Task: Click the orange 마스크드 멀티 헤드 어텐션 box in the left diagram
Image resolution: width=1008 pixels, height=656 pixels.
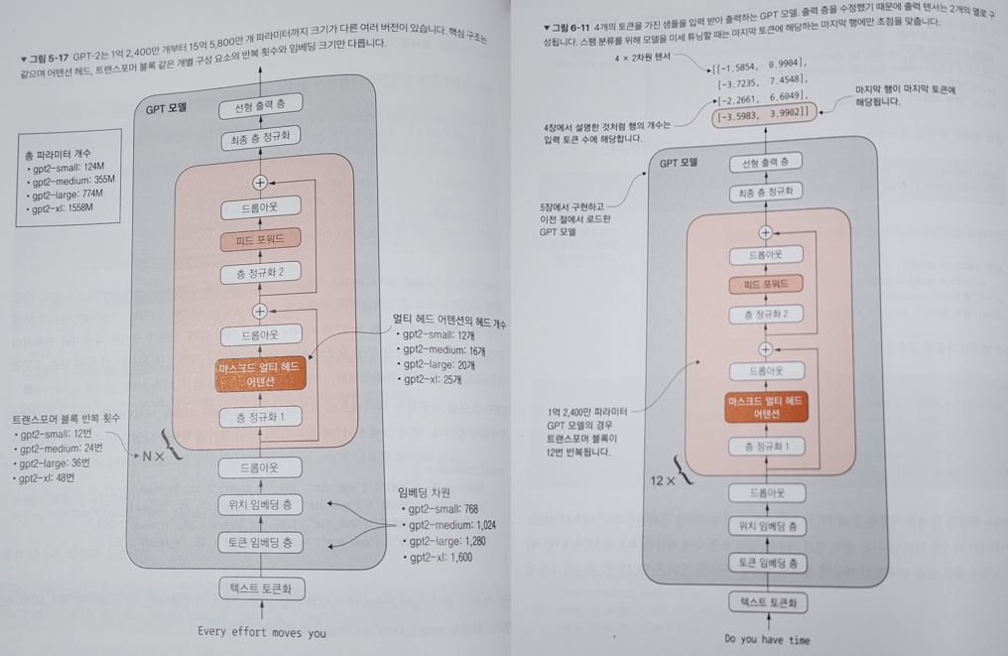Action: (x=260, y=375)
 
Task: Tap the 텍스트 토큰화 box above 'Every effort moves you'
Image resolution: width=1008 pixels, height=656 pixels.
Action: (x=261, y=589)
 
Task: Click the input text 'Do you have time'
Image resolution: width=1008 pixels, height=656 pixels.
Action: (x=767, y=639)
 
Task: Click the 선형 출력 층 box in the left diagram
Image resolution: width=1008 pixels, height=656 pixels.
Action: (x=261, y=108)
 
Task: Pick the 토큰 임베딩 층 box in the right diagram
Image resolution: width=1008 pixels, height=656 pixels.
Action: (x=767, y=562)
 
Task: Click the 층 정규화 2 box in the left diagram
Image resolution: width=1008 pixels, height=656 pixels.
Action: (x=261, y=275)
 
